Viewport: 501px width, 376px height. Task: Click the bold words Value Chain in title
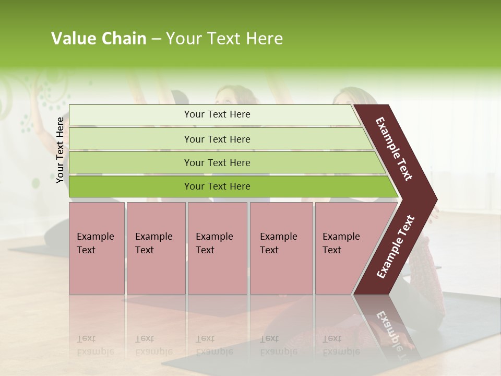tap(99, 39)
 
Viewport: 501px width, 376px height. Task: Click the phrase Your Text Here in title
tap(224, 39)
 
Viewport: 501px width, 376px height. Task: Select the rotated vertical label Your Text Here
tap(60, 150)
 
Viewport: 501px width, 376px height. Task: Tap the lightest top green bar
tap(130, 114)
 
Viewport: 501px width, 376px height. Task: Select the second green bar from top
tap(130, 139)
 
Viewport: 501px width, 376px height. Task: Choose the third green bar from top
tap(130, 162)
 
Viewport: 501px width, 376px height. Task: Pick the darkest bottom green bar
tap(130, 186)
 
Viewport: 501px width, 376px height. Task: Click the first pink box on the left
tap(97, 272)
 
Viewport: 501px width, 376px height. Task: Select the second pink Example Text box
tap(156, 272)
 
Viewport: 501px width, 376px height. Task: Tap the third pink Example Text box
tap(217, 272)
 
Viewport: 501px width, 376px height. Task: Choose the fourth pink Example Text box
tap(281, 272)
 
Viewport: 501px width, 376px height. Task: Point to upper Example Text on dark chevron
tap(394, 149)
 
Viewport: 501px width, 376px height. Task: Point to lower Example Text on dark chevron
tap(396, 247)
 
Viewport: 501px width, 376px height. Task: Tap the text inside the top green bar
tap(217, 114)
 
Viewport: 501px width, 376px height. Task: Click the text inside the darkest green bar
tap(217, 186)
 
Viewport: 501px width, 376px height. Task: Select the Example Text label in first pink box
tap(95, 243)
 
